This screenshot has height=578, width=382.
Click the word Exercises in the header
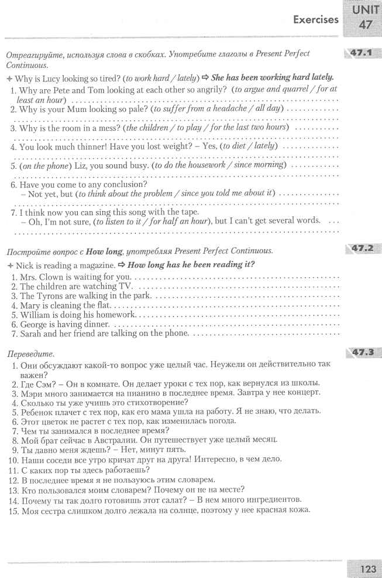point(315,19)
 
